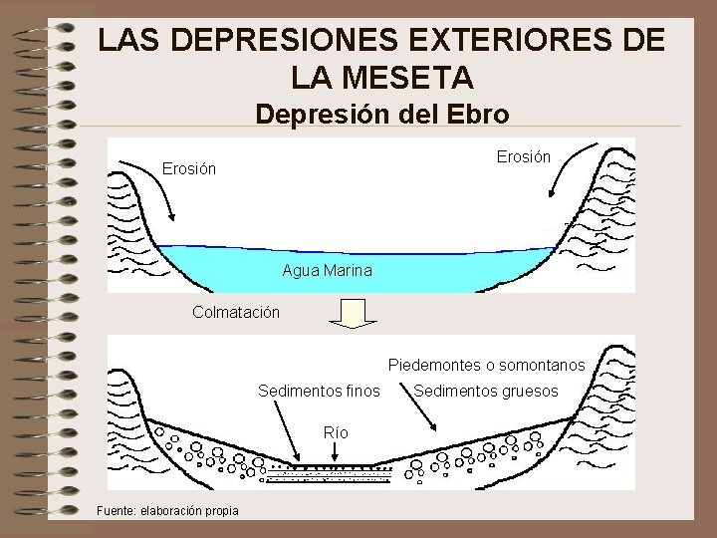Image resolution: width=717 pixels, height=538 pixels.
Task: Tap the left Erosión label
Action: click(x=189, y=169)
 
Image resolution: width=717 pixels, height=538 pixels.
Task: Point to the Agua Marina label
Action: click(x=328, y=270)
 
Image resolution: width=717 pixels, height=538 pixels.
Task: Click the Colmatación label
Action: click(x=236, y=312)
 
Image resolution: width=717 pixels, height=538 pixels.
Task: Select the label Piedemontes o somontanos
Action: click(x=486, y=366)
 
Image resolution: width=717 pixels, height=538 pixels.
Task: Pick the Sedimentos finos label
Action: click(x=319, y=391)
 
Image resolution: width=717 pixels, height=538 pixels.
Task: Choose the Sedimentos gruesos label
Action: click(x=486, y=391)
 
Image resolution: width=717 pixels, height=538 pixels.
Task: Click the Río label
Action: click(x=337, y=432)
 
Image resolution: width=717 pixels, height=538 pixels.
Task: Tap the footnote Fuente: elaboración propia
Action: click(x=166, y=511)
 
